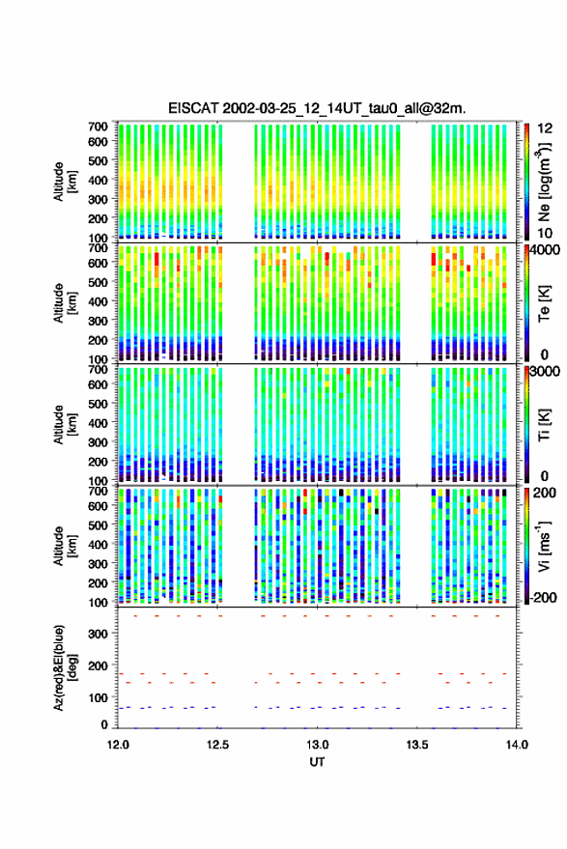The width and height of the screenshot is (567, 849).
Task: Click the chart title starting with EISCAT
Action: pos(317,108)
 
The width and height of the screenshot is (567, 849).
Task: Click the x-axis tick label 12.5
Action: pos(217,745)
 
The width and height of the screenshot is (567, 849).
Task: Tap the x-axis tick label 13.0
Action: pos(318,745)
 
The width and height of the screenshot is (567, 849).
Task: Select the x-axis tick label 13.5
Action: pos(417,745)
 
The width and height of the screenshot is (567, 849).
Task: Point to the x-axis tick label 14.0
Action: pos(517,745)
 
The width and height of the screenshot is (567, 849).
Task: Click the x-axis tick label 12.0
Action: pos(118,745)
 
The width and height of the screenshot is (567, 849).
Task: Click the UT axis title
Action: pos(317,762)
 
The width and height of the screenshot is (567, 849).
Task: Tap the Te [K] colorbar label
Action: pos(544,303)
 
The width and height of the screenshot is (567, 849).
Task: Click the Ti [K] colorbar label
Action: pos(544,425)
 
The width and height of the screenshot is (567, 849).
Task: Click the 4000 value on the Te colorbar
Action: pos(546,249)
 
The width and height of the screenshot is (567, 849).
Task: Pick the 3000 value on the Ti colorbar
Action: pos(546,371)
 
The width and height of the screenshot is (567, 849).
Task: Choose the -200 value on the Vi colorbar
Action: pos(543,597)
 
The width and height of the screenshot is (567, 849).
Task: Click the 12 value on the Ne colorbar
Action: pos(546,128)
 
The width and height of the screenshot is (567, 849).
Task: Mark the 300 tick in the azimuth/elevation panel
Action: pos(98,634)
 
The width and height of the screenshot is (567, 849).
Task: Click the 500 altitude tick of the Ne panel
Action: pos(98,160)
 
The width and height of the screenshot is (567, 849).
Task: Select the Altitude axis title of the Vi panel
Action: pos(65,546)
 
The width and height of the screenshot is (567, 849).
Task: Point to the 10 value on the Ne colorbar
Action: pos(546,234)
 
